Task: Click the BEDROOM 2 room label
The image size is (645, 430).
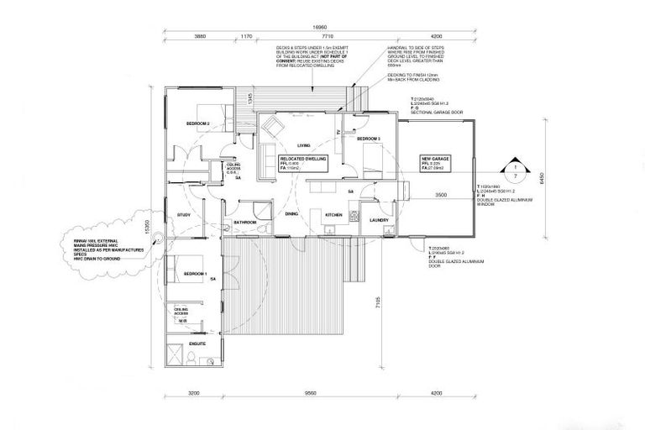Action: coord(198,124)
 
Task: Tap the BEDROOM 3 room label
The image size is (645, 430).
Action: coord(368,138)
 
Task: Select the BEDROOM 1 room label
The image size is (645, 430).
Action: coord(196,274)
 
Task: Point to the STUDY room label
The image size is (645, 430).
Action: coord(184,215)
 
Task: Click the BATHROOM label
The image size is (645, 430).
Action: coord(245,222)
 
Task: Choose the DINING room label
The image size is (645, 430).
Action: coord(291,215)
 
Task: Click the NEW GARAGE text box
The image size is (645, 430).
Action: coord(435,161)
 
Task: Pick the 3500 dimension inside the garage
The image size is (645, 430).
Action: coord(440,195)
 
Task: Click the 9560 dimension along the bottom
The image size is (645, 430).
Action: coord(310,393)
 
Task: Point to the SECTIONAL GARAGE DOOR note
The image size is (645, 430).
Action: coord(438,111)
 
